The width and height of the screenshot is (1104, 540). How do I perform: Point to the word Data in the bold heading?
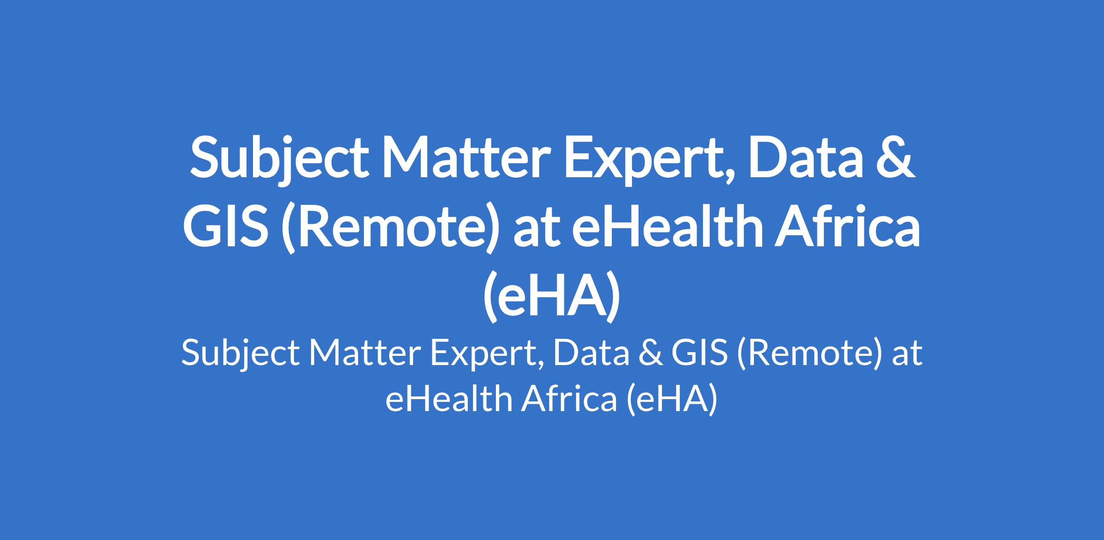[805, 157]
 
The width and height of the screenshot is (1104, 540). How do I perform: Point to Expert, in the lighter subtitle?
[488, 356]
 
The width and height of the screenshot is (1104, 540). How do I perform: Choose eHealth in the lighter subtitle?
[448, 398]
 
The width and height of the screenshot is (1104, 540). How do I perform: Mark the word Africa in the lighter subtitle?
[569, 398]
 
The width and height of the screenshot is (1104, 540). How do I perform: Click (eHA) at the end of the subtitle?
[672, 400]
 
